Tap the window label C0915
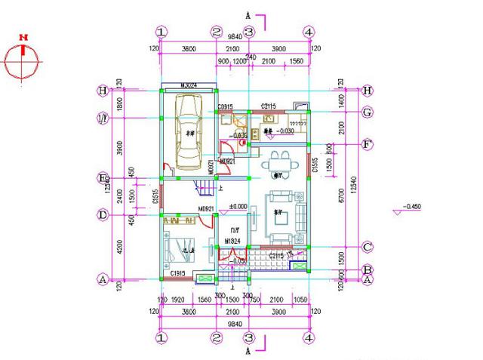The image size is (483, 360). [x=225, y=108]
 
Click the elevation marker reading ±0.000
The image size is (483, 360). [x=238, y=206]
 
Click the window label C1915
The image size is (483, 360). [x=178, y=272]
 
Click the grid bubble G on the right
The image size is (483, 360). [x=368, y=112]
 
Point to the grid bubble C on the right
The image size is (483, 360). [x=368, y=247]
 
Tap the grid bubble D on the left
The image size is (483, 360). [x=101, y=214]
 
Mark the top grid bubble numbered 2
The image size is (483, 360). [x=217, y=32]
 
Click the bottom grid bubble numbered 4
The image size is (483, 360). [x=308, y=337]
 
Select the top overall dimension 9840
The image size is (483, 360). [x=235, y=36]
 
